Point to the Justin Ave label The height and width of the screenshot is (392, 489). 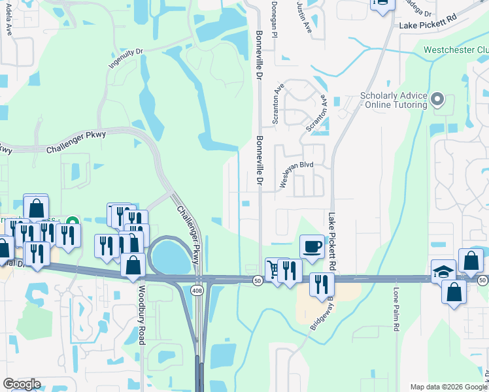coord(305,18)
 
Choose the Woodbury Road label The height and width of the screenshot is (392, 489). coord(141,313)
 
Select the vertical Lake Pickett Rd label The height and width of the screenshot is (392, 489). coord(332,242)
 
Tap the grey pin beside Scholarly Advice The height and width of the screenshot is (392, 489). coord(438,100)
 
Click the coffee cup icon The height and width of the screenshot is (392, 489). coord(312,246)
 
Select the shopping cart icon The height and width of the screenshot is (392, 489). coord(273,268)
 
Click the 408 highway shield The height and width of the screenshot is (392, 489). coord(197,289)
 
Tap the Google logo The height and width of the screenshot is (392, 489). coord(22,384)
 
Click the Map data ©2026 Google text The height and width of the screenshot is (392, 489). coord(448,387)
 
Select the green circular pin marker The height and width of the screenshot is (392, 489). coord(73,223)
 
